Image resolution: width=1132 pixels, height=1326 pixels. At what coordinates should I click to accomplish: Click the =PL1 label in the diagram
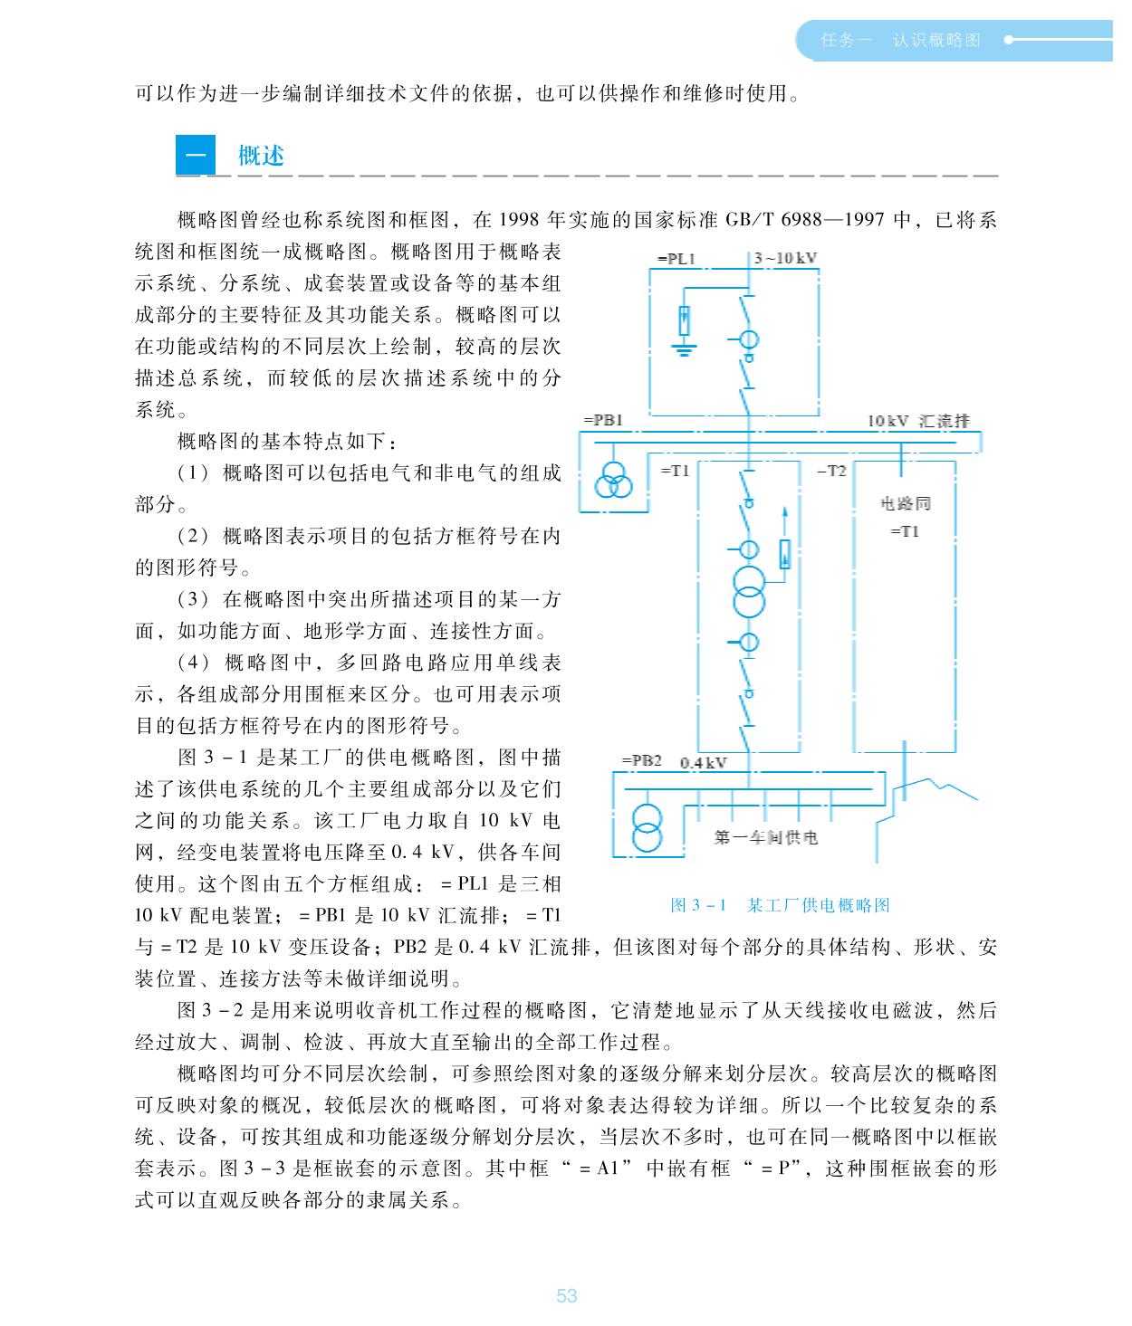click(676, 259)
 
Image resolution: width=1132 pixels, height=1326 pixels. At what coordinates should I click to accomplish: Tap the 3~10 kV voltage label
click(785, 258)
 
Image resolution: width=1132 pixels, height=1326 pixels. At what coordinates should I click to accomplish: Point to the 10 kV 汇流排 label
click(917, 421)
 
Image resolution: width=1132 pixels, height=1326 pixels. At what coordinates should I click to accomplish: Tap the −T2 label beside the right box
click(831, 472)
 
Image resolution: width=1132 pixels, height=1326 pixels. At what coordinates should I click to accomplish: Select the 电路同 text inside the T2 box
click(905, 503)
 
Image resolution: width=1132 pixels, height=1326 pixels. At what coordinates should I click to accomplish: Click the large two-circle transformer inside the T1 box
click(749, 590)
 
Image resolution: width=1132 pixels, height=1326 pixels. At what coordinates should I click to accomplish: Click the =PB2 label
click(642, 760)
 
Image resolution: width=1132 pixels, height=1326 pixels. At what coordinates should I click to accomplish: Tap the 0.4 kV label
click(703, 762)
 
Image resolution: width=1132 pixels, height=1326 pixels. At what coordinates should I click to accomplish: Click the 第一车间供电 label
click(765, 837)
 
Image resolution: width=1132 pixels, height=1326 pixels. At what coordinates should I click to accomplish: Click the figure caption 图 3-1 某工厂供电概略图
click(780, 905)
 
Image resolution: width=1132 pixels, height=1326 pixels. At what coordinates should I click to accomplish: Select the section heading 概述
click(261, 156)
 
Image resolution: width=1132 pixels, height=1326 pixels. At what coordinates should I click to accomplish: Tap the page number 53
click(566, 1296)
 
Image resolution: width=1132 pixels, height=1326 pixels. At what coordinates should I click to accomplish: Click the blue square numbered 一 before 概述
click(195, 156)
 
